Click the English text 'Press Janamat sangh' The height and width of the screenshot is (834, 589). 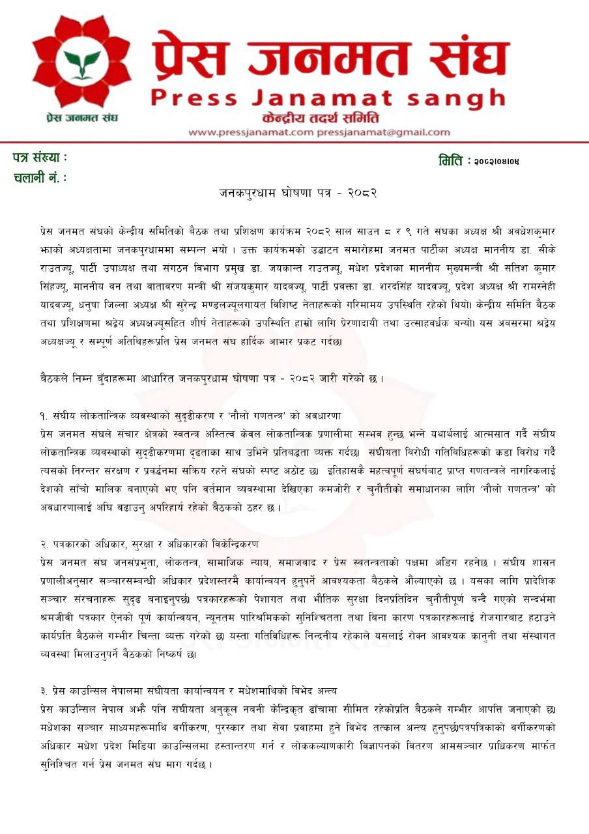[328, 98]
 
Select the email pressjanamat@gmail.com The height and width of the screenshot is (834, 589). [383, 132]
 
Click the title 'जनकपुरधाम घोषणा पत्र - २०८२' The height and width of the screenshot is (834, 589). [298, 193]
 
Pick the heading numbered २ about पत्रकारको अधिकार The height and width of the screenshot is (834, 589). [149, 543]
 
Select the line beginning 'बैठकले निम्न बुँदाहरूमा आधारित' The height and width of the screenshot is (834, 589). [210, 379]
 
